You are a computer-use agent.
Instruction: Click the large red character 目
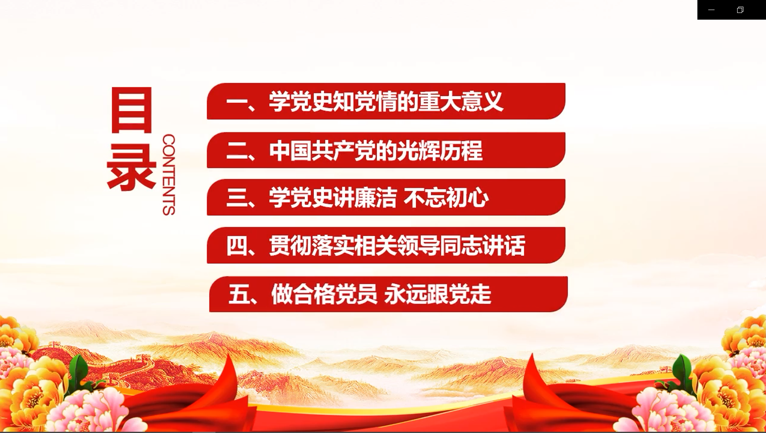point(131,110)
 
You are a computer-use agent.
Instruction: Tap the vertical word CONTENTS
point(169,175)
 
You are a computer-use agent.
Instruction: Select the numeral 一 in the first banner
point(237,102)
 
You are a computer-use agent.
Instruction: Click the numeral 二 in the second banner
point(237,151)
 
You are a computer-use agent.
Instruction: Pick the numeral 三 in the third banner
point(237,198)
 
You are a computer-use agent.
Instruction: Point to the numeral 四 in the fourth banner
point(237,246)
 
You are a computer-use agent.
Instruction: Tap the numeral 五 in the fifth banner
point(239,294)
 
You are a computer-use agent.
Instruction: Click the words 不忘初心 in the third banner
point(446,198)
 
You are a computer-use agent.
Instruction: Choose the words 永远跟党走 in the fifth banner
point(438,294)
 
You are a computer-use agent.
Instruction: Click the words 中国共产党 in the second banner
point(322,151)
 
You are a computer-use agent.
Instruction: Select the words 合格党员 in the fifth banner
point(324,294)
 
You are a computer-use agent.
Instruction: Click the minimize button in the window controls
point(711,10)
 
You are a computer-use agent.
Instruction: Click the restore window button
point(740,10)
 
